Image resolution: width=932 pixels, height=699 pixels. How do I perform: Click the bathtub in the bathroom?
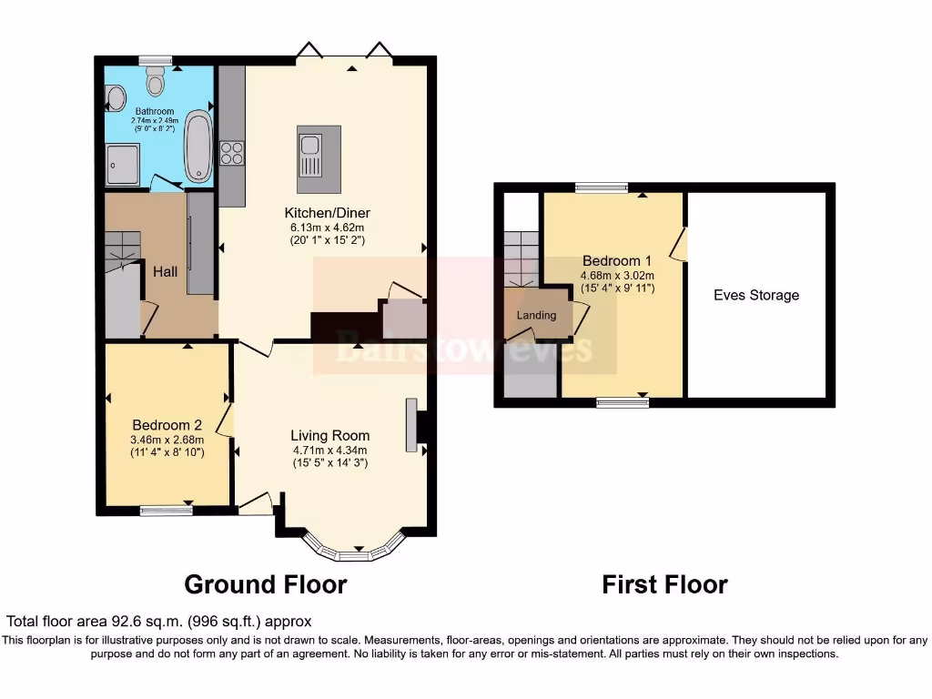198,148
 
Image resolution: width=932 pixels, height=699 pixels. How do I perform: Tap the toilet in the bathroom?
156,85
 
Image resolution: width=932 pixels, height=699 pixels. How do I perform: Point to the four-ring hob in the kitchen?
231,153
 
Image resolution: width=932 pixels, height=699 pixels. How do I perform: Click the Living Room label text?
329,435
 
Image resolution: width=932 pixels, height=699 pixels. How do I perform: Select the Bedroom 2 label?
167,425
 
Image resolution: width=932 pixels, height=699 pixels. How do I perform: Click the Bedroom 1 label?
617,259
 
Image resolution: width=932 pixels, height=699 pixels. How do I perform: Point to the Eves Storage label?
756,295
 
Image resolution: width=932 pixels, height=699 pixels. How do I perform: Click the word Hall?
165,271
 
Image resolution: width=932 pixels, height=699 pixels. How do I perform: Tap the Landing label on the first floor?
536,315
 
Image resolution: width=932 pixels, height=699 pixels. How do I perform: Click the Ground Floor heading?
266,583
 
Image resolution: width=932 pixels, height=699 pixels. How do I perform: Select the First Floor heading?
664,584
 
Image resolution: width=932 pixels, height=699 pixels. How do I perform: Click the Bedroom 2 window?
166,512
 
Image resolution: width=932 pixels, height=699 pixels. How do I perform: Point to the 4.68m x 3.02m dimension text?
617,275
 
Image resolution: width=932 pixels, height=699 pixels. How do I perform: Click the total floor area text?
159,622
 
